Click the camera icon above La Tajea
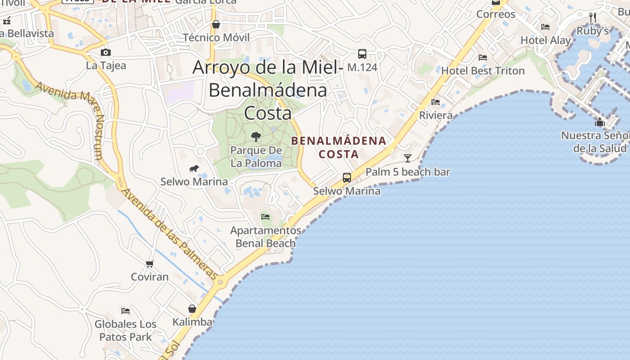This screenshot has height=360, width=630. point(106,53)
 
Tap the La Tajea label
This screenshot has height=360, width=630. point(106,66)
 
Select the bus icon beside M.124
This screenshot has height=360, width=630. point(362,54)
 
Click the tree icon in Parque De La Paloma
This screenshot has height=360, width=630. point(256,136)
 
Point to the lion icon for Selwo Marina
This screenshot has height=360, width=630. point(194,169)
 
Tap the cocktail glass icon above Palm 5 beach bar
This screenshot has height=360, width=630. point(408,158)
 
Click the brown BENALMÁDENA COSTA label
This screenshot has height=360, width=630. point(338,147)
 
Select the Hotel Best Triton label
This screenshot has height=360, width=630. point(482,71)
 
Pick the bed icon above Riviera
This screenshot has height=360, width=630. point(436,102)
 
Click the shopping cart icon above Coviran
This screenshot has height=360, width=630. point(150,264)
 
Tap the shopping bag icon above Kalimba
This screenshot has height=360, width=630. point(192,309)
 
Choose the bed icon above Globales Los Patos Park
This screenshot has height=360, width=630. point(126,310)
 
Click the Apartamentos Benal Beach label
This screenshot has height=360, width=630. point(265,237)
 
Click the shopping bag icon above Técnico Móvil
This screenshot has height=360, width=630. point(216,24)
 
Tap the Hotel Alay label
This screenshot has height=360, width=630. point(545,40)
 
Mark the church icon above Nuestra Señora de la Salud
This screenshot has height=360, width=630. point(600,122)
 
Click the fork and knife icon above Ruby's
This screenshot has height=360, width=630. point(593,18)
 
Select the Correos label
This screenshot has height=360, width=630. point(495,14)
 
